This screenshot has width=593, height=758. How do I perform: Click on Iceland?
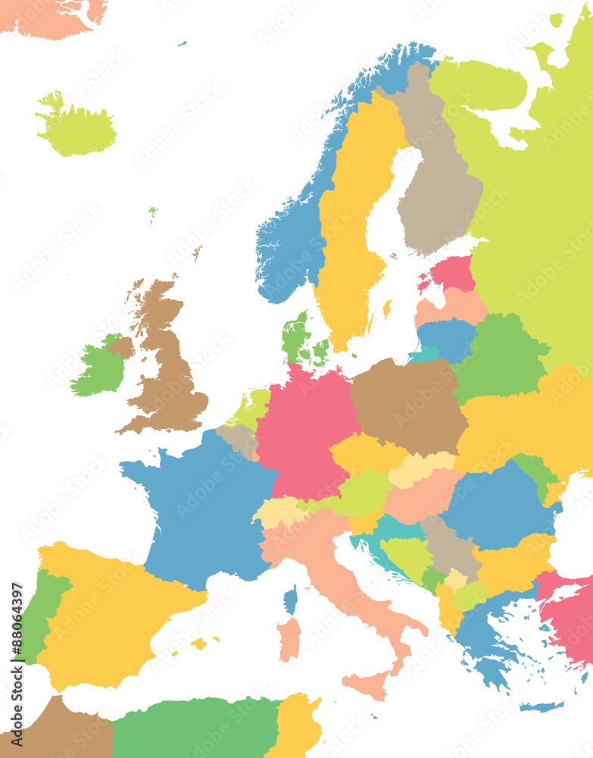76,129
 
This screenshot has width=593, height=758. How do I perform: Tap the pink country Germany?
303,424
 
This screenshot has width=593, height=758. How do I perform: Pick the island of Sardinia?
289,638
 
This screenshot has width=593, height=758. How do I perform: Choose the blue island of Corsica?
290,600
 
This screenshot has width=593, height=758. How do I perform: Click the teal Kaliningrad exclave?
424,355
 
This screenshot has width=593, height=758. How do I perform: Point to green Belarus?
500,356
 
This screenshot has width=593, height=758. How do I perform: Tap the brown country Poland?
409,406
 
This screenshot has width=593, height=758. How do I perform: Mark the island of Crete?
542,706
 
